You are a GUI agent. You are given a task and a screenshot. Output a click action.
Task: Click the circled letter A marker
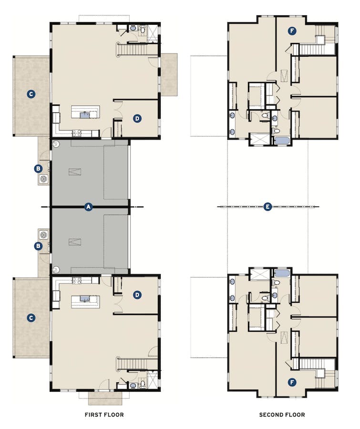[88, 206]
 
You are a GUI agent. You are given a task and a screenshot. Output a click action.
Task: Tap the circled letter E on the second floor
[267, 206]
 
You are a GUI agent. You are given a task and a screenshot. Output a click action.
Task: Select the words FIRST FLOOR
[104, 415]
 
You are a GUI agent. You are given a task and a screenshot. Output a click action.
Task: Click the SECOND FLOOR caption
[282, 415]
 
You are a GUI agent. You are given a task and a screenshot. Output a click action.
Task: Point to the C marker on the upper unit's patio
[31, 94]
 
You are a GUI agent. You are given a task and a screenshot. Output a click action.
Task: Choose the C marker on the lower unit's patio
[31, 317]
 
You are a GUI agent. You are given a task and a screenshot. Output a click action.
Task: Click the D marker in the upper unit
[137, 118]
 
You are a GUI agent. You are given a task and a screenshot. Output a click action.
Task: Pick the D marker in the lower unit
[137, 295]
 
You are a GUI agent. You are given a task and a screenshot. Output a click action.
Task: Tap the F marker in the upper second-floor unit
[292, 31]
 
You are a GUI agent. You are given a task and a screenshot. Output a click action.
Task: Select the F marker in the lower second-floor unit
[292, 382]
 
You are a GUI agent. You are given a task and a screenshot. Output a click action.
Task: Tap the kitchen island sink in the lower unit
[85, 299]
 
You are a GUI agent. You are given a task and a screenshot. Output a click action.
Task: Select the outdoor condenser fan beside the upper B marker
[43, 179]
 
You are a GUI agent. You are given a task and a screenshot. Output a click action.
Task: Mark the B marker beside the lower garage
[37, 246]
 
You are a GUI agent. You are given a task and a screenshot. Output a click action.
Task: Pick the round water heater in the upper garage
[56, 143]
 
